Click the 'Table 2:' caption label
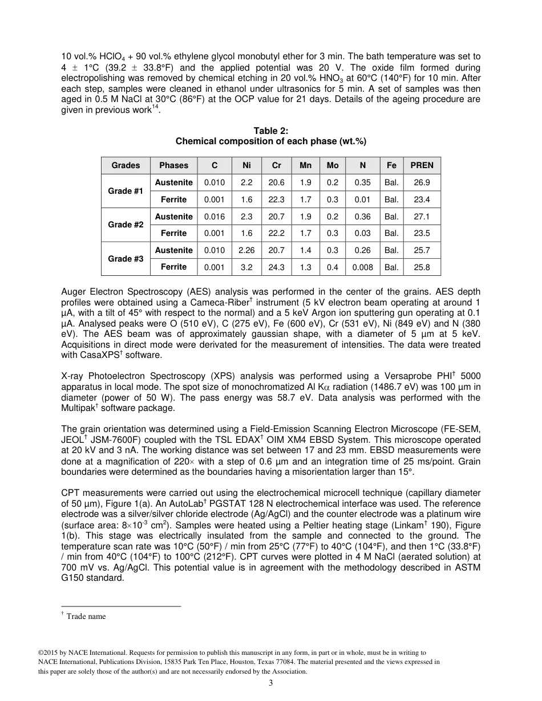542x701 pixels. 271,131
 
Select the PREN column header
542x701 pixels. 422,165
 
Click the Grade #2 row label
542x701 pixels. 126,225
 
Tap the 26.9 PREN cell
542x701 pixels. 422,182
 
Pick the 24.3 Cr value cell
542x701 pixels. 276,267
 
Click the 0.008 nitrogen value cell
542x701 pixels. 362,267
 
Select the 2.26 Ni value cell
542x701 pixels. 246,250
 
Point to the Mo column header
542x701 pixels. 333,165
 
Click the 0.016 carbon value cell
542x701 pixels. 215,217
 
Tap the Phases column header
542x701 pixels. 173,165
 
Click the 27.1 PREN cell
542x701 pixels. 422,217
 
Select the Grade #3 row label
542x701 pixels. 126,259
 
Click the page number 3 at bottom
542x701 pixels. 271,683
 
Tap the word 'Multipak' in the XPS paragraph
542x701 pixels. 78,408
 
